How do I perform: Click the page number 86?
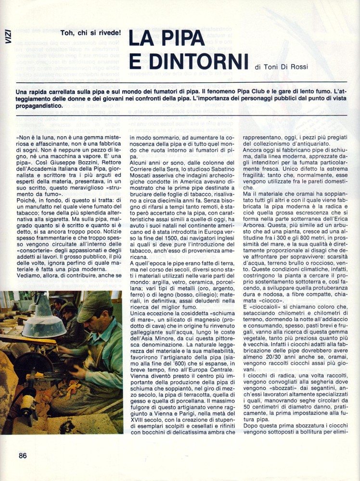click(23, 456)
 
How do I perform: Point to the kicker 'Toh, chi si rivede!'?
click(91, 32)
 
